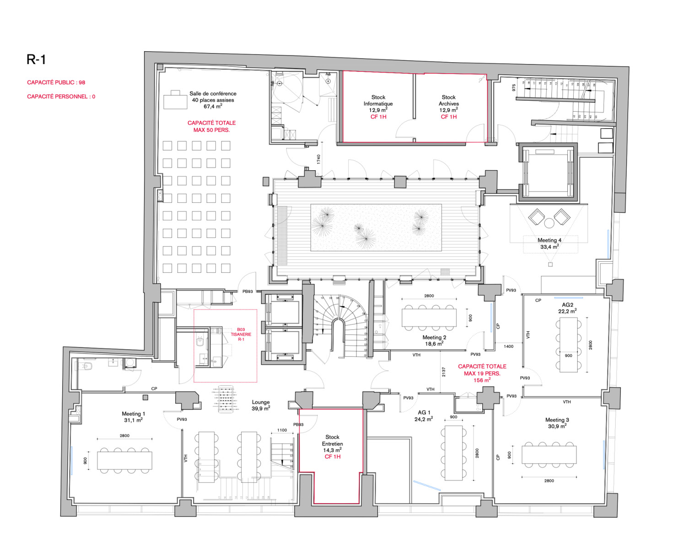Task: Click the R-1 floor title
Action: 36,59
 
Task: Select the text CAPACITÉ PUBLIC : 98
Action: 56,82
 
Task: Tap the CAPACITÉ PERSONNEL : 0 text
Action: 61,97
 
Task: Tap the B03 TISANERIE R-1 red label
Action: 241,334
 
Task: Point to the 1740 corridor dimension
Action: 318,159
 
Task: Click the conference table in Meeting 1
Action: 124,460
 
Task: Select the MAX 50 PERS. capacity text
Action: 211,130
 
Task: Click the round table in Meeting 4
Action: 549,223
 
